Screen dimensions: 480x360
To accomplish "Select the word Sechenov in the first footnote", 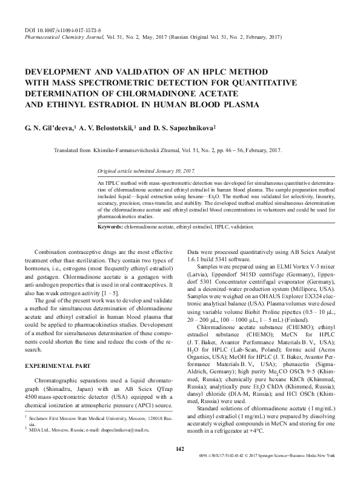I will pos(41,435).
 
